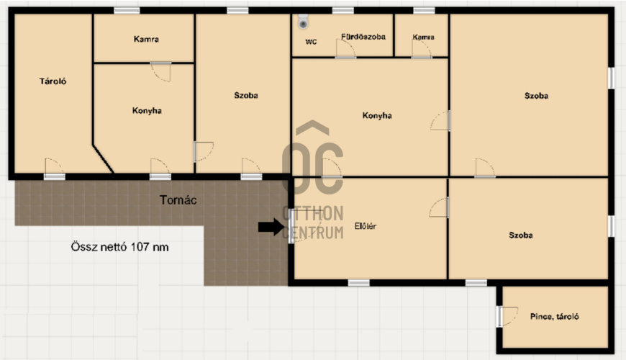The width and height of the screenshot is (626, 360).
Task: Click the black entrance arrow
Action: (x=271, y=228)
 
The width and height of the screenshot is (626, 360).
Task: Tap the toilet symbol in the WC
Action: (x=304, y=22)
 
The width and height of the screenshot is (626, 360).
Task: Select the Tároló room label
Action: (x=53, y=81)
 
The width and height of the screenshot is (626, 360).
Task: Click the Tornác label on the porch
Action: (x=178, y=199)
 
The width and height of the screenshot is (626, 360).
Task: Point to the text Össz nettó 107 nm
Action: (x=119, y=247)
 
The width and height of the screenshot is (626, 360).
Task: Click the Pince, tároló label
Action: (x=555, y=317)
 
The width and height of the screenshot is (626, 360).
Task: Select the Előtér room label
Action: (x=366, y=226)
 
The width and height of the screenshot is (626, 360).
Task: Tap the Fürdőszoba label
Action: (x=363, y=37)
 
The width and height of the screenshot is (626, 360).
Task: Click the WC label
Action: (x=311, y=42)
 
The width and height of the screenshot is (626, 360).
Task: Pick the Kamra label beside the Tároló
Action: (x=146, y=39)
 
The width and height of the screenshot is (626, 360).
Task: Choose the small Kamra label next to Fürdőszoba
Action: (x=424, y=37)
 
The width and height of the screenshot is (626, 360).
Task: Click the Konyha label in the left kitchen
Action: (x=147, y=111)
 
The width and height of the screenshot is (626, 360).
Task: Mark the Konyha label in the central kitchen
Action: (x=377, y=116)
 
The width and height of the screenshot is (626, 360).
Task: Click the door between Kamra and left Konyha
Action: (x=161, y=71)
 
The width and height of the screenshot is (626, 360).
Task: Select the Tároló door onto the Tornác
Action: (x=54, y=168)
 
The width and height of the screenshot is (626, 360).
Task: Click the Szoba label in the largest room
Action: (x=536, y=96)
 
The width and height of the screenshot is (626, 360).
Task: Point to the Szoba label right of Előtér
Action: (x=521, y=235)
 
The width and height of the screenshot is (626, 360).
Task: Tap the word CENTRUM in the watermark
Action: (x=313, y=233)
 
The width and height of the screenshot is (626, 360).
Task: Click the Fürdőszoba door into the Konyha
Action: (x=345, y=49)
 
